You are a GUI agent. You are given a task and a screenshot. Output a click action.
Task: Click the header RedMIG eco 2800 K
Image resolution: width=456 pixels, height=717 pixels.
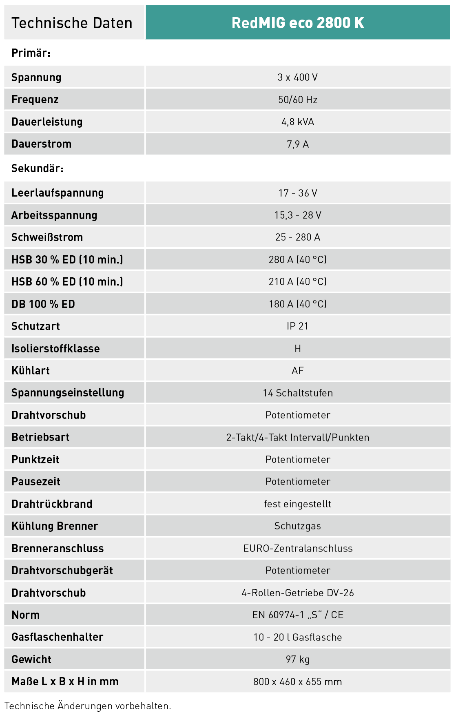[298, 23]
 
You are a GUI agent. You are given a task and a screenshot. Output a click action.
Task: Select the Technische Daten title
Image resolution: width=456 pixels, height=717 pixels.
[72, 23]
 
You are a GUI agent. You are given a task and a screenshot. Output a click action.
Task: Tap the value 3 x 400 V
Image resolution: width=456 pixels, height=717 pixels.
[297, 77]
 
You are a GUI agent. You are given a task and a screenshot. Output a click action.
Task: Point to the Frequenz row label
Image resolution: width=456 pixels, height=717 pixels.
[35, 100]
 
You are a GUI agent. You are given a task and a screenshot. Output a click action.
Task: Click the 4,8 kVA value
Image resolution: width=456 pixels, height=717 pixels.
[298, 122]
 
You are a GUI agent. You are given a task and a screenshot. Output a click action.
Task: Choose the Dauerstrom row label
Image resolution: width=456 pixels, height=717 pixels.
[42, 144]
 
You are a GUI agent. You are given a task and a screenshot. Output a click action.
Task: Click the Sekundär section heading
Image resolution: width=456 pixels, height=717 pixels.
[38, 168]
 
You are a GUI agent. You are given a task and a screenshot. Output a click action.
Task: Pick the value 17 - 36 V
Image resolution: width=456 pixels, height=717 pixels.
[298, 193]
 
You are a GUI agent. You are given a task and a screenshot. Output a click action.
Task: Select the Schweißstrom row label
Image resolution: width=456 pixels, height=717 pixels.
[47, 237]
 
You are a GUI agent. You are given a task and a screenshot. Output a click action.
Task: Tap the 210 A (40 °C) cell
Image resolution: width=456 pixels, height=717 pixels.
[298, 282]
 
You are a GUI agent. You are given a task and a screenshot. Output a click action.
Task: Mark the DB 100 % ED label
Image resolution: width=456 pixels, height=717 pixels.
[43, 304]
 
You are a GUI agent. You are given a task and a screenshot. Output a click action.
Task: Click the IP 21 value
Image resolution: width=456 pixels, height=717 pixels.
[298, 326]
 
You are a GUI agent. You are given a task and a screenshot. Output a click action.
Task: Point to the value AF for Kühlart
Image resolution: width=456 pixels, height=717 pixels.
[298, 371]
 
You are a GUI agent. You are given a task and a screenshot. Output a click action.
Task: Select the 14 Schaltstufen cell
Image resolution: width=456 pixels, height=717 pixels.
[298, 393]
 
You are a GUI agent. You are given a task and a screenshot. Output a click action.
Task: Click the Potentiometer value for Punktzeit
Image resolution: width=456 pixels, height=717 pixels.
[298, 460]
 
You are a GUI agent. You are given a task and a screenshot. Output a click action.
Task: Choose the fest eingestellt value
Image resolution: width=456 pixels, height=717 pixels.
[298, 504]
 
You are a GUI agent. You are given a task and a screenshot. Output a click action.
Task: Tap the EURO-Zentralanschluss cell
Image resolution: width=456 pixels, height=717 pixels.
[298, 549]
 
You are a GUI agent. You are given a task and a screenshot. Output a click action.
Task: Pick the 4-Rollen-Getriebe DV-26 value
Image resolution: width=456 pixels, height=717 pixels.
[298, 593]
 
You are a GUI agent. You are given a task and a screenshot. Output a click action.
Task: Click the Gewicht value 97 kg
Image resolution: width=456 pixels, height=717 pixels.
[298, 659]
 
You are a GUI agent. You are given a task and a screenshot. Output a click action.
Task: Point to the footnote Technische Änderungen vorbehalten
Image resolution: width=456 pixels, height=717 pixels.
[88, 706]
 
